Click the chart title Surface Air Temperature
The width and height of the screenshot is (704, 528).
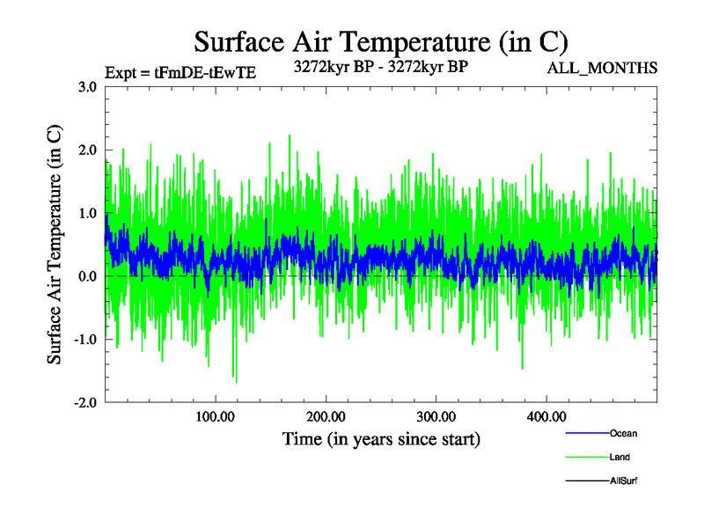pyautogui.click(x=380, y=41)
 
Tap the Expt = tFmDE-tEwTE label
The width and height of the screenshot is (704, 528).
pyautogui.click(x=180, y=73)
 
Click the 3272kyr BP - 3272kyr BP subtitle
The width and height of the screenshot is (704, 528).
pyautogui.click(x=380, y=66)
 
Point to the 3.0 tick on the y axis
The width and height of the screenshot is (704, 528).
pyautogui.click(x=87, y=87)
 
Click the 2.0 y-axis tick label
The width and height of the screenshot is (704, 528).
pyautogui.click(x=87, y=150)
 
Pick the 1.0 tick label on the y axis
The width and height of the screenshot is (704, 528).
pyautogui.click(x=87, y=213)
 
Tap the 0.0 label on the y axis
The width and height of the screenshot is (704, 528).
pyautogui.click(x=87, y=276)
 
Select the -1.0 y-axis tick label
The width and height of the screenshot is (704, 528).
pyautogui.click(x=85, y=340)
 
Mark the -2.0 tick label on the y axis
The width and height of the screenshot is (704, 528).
pyautogui.click(x=85, y=402)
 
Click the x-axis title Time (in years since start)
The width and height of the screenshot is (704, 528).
pyautogui.click(x=380, y=438)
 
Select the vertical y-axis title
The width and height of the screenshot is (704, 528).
pyautogui.click(x=55, y=245)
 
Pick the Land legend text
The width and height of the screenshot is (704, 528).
pyautogui.click(x=620, y=457)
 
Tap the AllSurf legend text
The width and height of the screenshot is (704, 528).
pyautogui.click(x=623, y=480)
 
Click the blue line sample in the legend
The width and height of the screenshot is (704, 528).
pyautogui.click(x=586, y=433)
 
